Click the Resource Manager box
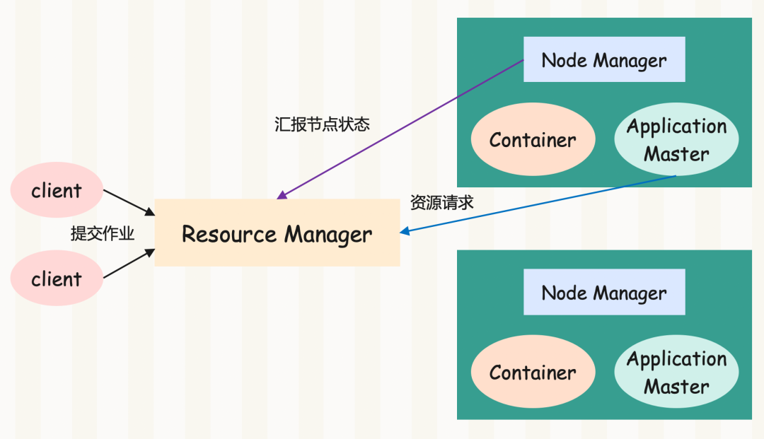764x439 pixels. click(x=277, y=233)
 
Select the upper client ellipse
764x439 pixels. click(x=57, y=190)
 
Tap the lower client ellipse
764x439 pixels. click(x=57, y=278)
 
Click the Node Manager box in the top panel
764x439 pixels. click(x=604, y=59)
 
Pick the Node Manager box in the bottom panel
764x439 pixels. click(x=604, y=292)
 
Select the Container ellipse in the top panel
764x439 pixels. click(x=533, y=139)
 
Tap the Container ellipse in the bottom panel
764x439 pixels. click(x=533, y=371)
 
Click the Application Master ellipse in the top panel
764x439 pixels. click(x=676, y=139)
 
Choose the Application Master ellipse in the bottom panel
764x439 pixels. click(x=676, y=371)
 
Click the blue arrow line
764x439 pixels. click(x=538, y=204)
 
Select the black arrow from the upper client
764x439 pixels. click(x=129, y=202)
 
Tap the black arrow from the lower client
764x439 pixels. click(x=129, y=264)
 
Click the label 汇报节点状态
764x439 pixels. click(x=322, y=124)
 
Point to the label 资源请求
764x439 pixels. click(x=441, y=202)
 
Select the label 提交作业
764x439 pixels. click(x=103, y=233)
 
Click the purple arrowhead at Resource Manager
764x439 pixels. click(x=281, y=196)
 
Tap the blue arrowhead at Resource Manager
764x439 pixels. click(x=405, y=231)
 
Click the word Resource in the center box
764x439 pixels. click(x=228, y=234)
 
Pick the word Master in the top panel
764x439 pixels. click(x=676, y=154)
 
